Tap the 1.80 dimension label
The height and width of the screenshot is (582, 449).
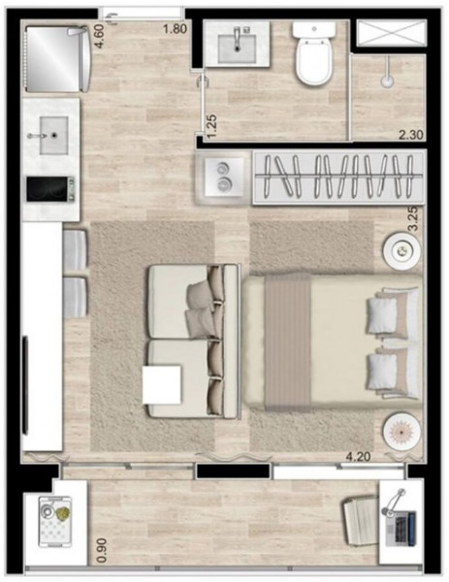click(x=175, y=28)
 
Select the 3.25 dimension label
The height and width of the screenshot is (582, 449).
click(x=412, y=215)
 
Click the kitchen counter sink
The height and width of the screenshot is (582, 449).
click(x=51, y=129)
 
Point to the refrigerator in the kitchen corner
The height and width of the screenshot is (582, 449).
click(x=54, y=56)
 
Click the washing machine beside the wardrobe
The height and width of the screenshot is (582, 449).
click(x=223, y=176)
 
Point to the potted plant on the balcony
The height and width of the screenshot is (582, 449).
click(x=59, y=511)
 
